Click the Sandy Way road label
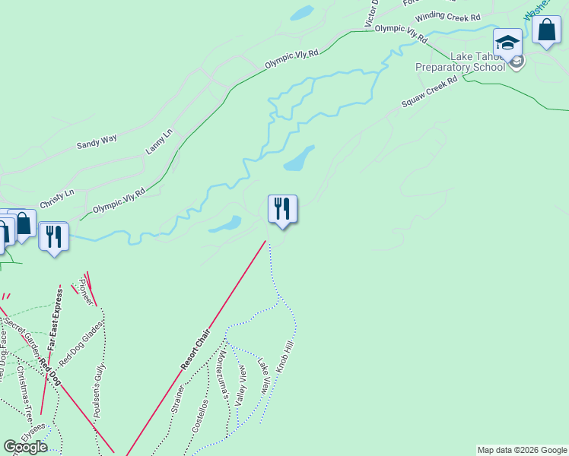point(97,141)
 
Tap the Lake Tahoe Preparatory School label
point(459,62)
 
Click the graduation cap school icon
point(507,42)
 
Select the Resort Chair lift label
point(195,350)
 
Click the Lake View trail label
point(263,376)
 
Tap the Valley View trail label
point(241,386)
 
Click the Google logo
point(25,447)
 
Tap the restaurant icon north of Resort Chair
point(282,208)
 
